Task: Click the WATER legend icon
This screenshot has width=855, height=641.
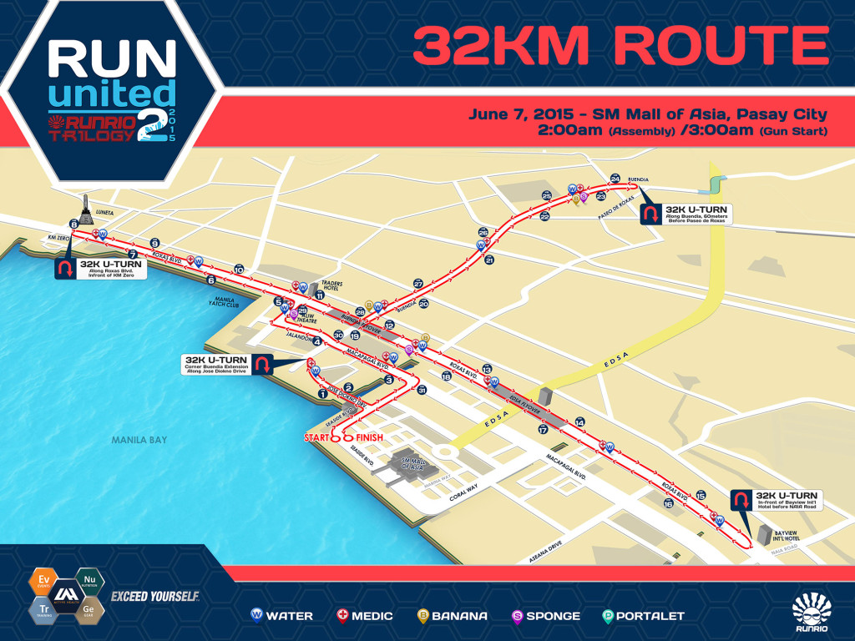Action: click(x=257, y=616)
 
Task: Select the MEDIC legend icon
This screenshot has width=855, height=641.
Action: click(x=341, y=616)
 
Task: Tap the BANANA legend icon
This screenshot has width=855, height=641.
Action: click(x=423, y=616)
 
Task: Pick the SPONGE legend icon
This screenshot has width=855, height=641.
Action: click(x=517, y=616)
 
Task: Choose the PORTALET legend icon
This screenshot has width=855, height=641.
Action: click(x=609, y=616)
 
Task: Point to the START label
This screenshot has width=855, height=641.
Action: click(x=319, y=437)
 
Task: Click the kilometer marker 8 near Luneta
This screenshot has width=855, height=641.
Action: click(x=73, y=225)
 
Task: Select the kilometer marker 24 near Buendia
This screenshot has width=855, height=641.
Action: click(x=615, y=179)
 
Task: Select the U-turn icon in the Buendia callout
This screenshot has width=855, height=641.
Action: click(x=649, y=215)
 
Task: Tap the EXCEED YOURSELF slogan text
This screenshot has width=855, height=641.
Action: click(x=154, y=596)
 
